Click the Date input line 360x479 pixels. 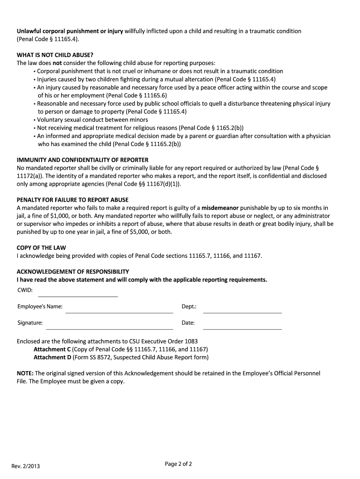tap(242, 326)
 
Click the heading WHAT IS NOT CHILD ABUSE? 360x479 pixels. tap(55, 55)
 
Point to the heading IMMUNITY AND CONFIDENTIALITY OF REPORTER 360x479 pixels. tap(83, 160)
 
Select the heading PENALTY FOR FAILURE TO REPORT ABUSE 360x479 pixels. tap(72, 200)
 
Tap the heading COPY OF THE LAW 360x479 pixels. tap(41, 247)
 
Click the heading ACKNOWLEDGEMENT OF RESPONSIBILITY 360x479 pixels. tap(73, 272)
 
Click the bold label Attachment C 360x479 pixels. tap(52, 349)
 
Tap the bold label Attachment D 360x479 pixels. tap(52, 357)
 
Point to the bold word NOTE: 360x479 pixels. tap(25, 373)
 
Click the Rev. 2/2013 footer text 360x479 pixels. tap(29, 466)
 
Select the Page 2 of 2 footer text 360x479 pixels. tap(179, 464)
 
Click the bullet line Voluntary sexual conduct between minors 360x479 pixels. tap(93, 120)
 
